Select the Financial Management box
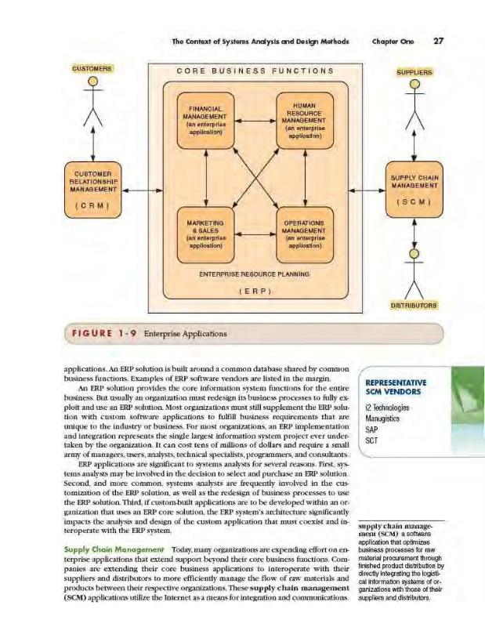pyautogui.click(x=205, y=121)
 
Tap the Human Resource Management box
pyautogui.click(x=305, y=121)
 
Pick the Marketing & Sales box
pyautogui.click(x=205, y=233)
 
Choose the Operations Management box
pyautogui.click(x=305, y=233)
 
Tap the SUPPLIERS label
pyautogui.click(x=414, y=73)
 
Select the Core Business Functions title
pyautogui.click(x=255, y=71)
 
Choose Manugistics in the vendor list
pyautogui.click(x=383, y=419)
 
